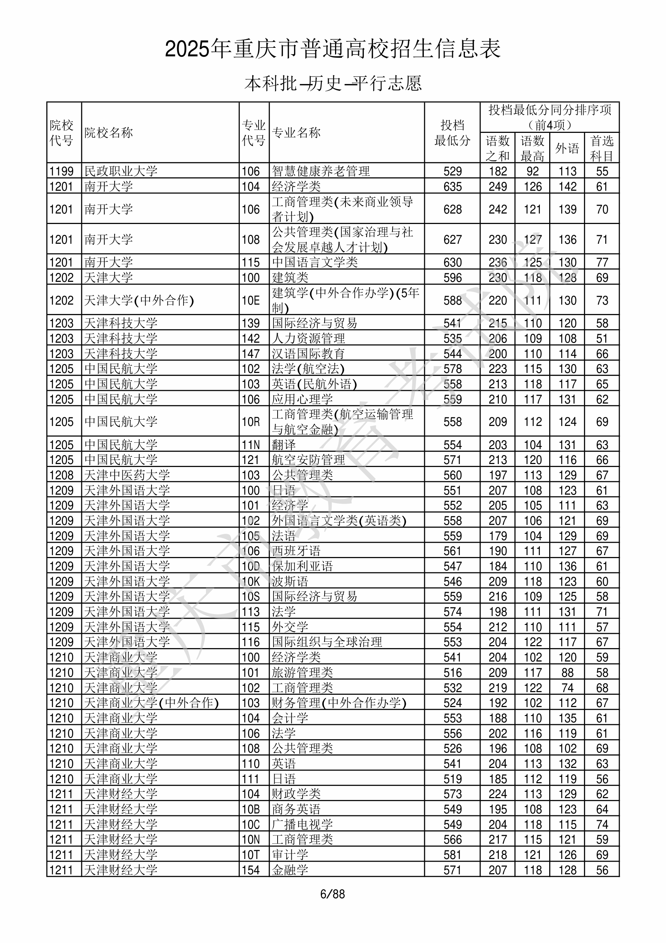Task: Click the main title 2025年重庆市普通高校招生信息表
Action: point(332,49)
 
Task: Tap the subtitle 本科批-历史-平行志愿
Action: point(332,83)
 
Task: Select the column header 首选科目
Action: point(601,148)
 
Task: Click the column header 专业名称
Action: point(296,133)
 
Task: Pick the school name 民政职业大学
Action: point(121,171)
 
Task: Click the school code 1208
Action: point(61,475)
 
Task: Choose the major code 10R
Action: point(250,422)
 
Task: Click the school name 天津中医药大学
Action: point(127,475)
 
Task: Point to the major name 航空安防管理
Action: point(308,460)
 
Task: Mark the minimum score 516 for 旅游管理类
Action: point(453,673)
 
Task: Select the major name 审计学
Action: point(290,855)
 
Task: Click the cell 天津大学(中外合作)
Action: point(139,301)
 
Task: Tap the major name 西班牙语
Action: point(296,551)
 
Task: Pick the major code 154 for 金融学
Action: point(250,870)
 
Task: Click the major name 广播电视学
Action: point(302,824)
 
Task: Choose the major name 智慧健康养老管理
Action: point(321,171)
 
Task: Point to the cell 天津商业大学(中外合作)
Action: point(151,703)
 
